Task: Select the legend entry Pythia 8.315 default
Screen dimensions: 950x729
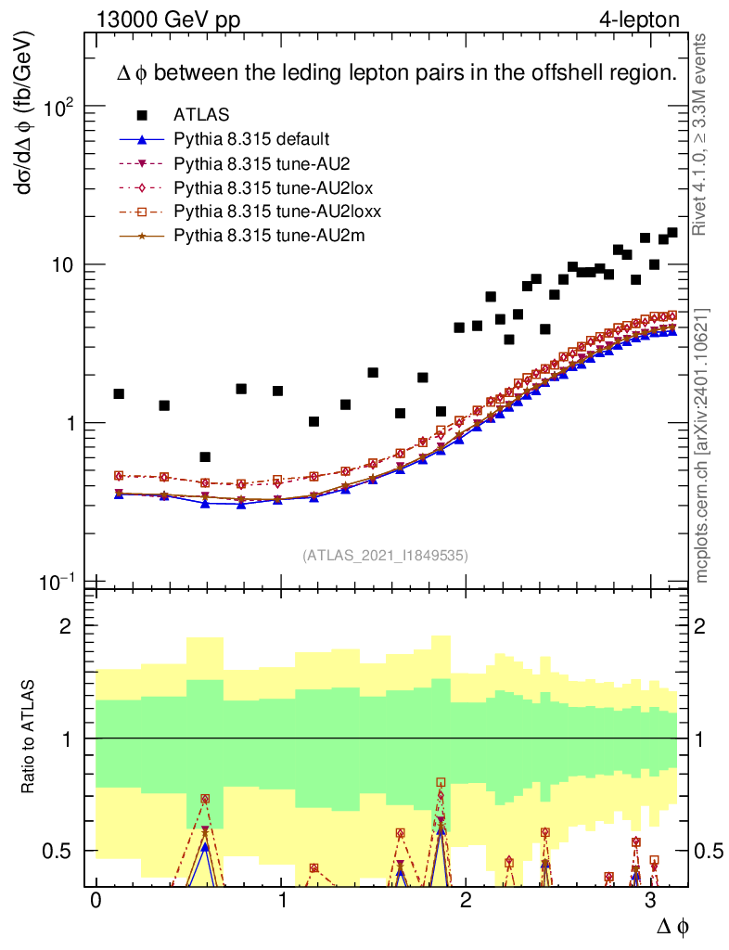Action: click(x=250, y=140)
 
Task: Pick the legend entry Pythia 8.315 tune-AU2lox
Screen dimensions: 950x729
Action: click(x=261, y=188)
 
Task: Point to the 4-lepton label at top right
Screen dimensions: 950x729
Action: click(x=639, y=18)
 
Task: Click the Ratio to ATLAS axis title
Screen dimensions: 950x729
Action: click(x=29, y=738)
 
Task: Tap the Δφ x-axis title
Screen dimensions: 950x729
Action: click(x=673, y=926)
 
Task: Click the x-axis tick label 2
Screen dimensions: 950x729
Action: click(x=466, y=901)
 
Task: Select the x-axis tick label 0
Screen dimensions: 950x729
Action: click(x=96, y=901)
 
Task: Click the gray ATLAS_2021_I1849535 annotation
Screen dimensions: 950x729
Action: click(x=385, y=556)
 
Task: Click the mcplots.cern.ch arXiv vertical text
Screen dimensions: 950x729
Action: click(x=702, y=445)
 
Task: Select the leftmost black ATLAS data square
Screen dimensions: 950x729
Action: click(x=119, y=393)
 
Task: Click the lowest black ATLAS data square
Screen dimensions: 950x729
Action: click(x=205, y=456)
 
